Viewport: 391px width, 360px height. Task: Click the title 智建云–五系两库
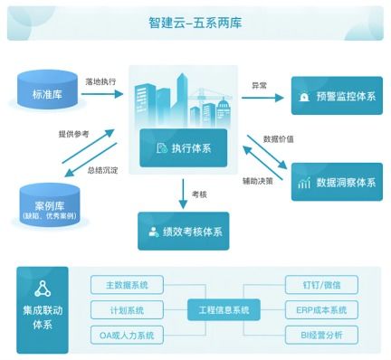195,22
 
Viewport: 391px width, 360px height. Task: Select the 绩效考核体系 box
183,231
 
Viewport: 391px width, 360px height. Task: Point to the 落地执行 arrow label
100,81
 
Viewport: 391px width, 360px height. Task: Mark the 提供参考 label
74,135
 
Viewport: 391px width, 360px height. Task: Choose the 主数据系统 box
126,285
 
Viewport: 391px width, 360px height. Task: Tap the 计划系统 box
126,310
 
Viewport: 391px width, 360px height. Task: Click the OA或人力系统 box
126,336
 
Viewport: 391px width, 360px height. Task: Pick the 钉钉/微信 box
321,285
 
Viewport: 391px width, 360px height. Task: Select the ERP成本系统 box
321,310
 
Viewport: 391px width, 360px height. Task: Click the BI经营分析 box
321,336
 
